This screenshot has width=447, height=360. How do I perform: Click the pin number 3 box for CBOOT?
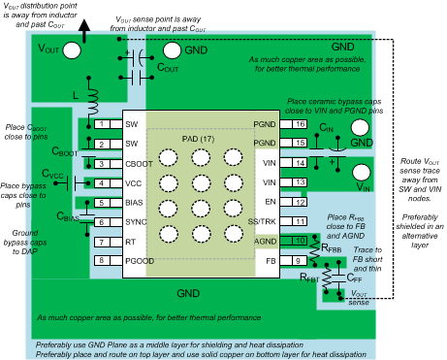click(102, 163)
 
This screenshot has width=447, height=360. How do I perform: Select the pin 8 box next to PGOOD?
click(102, 261)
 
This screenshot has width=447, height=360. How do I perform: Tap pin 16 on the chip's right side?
click(301, 124)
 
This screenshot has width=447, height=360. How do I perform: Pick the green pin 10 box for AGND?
click(301, 241)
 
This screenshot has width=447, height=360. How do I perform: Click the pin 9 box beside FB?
click(301, 261)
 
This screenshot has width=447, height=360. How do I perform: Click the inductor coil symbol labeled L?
click(96, 100)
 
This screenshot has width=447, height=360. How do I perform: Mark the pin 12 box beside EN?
click(301, 202)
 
